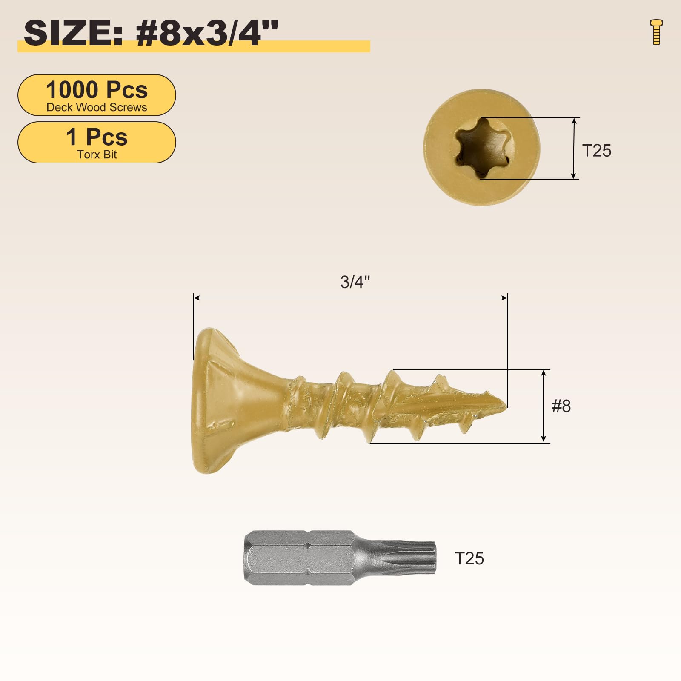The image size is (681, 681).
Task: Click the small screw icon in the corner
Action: [x=657, y=32]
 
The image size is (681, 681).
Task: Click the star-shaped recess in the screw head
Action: [x=482, y=149]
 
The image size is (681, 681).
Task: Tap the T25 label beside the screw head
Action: [x=597, y=151]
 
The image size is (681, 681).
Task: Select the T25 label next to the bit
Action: [x=469, y=558]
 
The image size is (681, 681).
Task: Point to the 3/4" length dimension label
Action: [x=355, y=282]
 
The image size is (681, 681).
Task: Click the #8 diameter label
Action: [x=561, y=406]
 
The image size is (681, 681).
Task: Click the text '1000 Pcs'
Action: [x=97, y=90]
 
